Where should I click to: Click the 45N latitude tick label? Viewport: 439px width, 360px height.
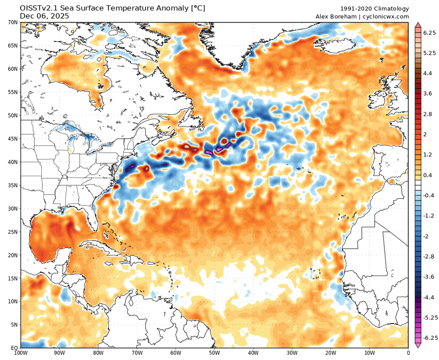click(x=12, y=139)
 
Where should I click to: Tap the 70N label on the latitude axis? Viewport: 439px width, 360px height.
click(x=12, y=23)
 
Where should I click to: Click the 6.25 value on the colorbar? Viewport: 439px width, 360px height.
click(x=428, y=33)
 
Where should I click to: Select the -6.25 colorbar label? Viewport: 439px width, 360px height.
click(x=430, y=337)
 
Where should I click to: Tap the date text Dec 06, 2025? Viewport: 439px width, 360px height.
click(x=44, y=16)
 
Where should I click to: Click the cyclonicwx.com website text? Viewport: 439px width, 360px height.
click(x=387, y=16)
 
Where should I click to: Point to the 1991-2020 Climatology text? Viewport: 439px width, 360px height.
click(x=374, y=9)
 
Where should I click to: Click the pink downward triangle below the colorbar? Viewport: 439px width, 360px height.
click(x=418, y=346)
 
